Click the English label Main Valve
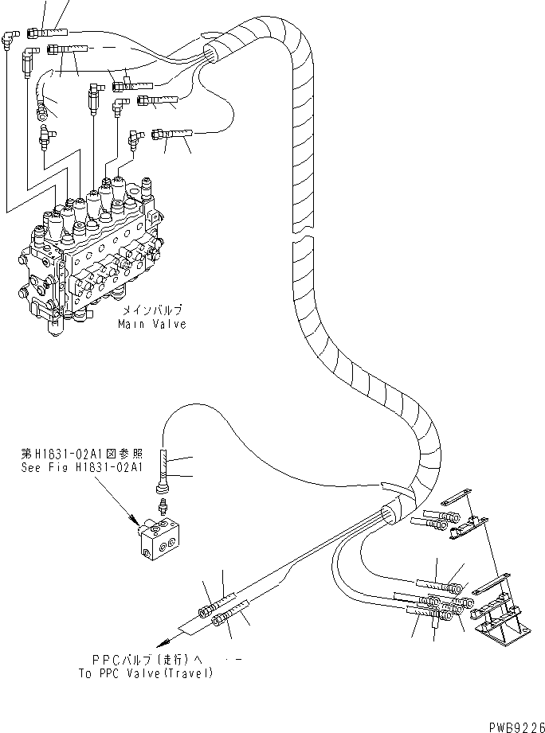[151, 324]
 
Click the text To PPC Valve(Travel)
[153, 673]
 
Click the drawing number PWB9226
[511, 723]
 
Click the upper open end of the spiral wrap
[214, 53]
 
